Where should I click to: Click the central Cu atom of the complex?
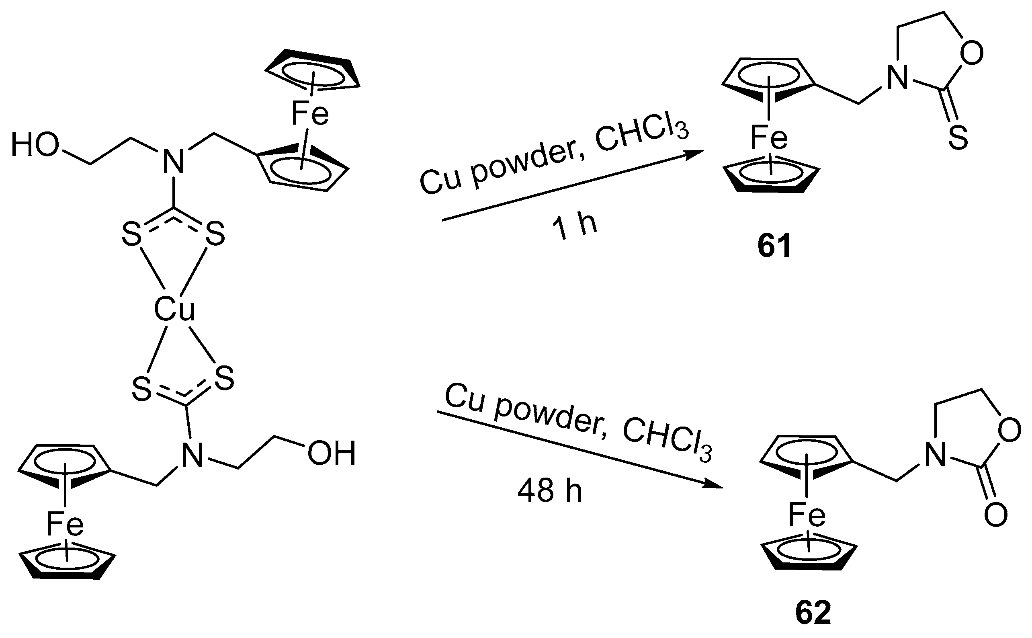(174, 309)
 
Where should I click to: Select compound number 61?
(774, 247)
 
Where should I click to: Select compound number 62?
(813, 613)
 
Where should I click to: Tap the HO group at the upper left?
(35, 145)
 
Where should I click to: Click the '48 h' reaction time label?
(549, 491)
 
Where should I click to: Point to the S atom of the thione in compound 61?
(958, 138)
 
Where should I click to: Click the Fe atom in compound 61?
(769, 138)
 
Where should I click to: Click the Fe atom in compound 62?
(807, 515)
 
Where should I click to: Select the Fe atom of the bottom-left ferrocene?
(65, 524)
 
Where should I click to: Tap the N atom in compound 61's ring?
(897, 78)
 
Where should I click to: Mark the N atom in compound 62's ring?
(935, 456)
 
